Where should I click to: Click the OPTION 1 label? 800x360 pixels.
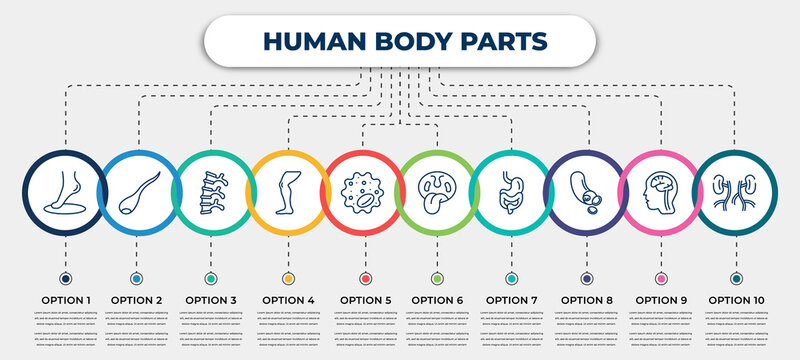66,299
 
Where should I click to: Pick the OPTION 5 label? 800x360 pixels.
364,299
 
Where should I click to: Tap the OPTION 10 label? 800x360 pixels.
737,299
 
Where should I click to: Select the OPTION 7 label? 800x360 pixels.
512,299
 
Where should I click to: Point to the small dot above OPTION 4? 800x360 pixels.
288,278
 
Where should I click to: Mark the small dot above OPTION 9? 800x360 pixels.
660,278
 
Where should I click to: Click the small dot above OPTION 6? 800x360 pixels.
437,278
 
